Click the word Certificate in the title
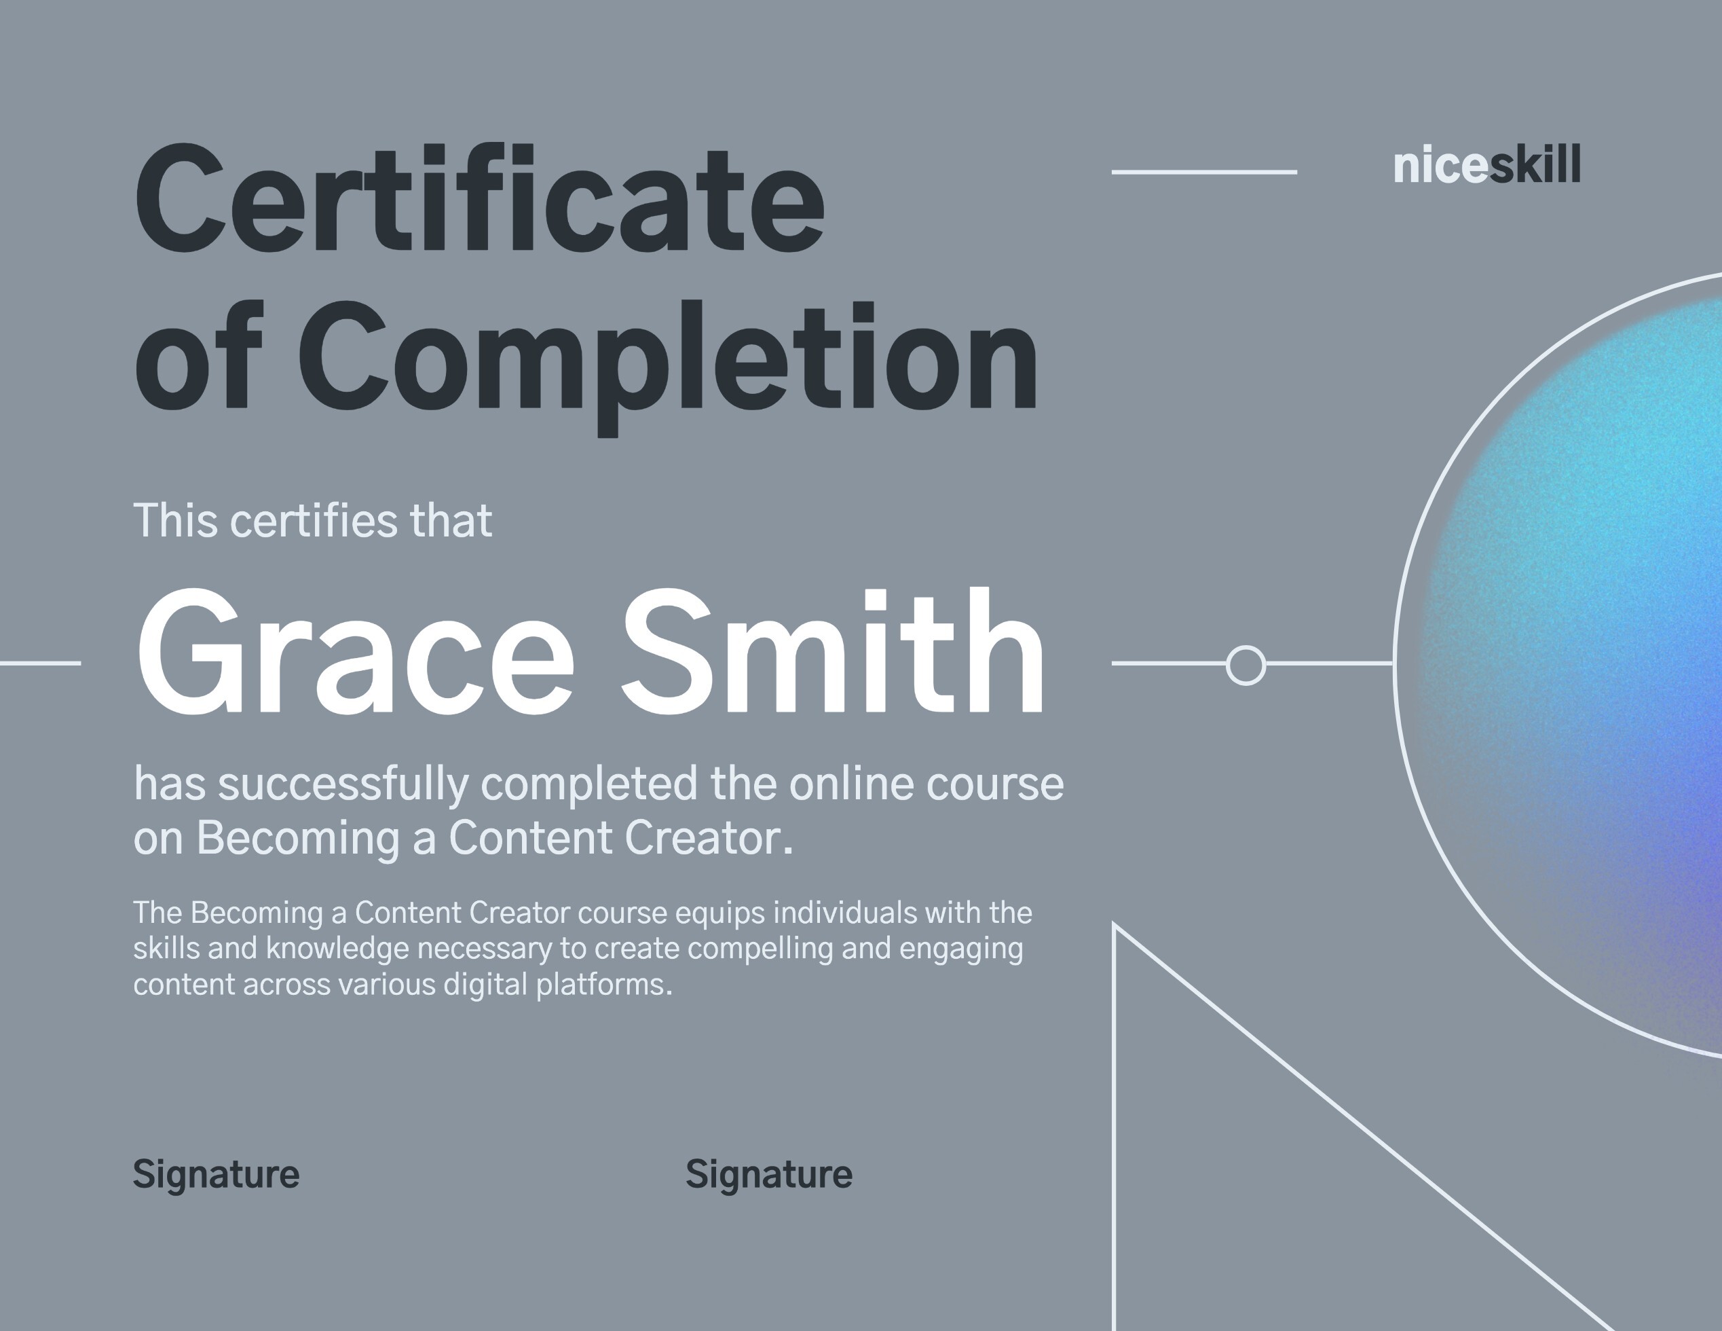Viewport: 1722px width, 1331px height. tap(479, 199)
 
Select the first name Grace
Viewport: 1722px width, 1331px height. tap(355, 653)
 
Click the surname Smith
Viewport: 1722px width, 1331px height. tap(833, 653)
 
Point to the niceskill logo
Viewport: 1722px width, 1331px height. tap(1486, 166)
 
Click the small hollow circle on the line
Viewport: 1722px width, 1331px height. tap(1246, 664)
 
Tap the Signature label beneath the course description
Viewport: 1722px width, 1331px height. tap(216, 1175)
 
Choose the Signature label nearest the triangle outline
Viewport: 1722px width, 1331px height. tap(769, 1175)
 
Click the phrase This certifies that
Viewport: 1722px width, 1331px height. tap(313, 521)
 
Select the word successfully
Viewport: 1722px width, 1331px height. tap(343, 785)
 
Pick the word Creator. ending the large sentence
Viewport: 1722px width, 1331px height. tap(709, 838)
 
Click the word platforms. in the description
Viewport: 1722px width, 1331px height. tap(604, 985)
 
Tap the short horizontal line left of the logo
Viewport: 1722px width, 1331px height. tap(1204, 171)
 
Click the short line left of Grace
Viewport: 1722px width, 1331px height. tap(39, 663)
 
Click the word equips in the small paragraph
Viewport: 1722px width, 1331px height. tap(720, 913)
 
